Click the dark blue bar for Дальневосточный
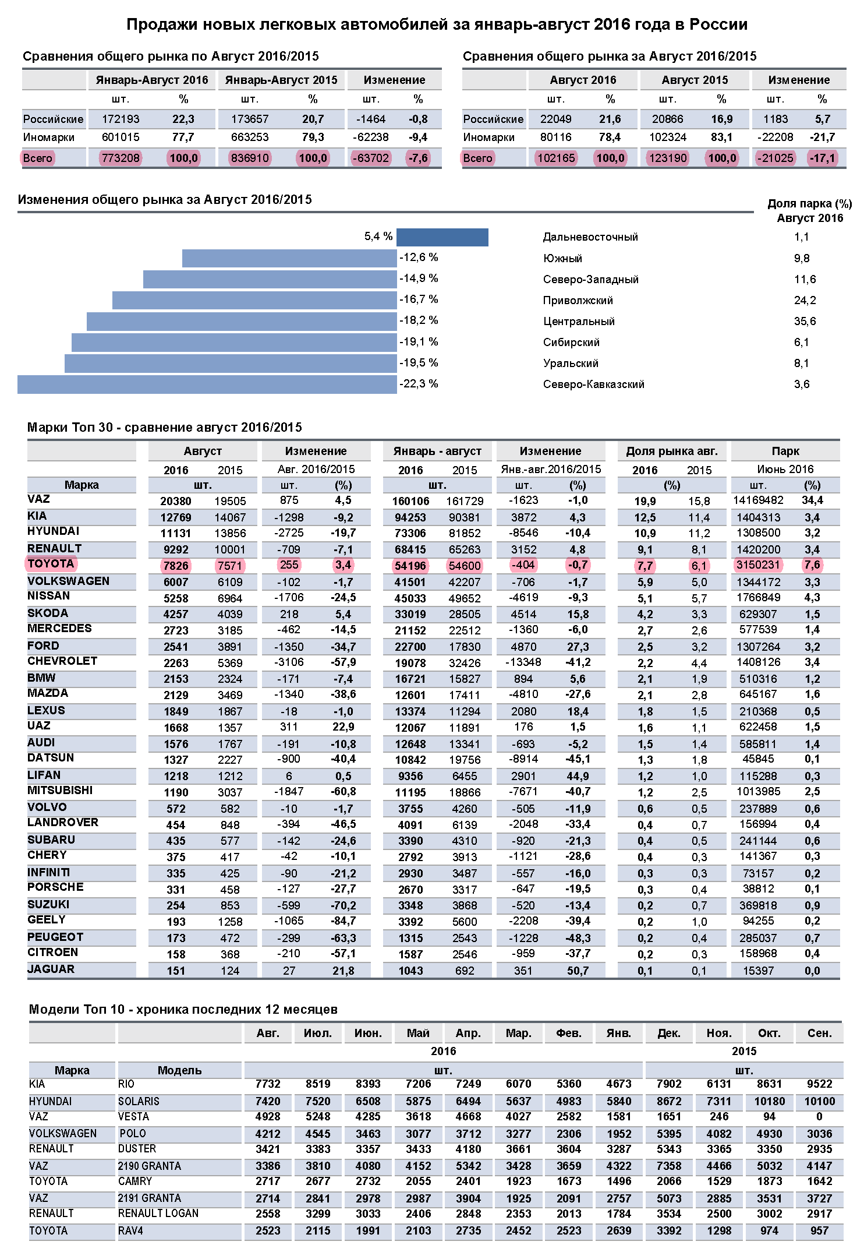(442, 237)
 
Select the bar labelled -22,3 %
(207, 385)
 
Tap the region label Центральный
(579, 321)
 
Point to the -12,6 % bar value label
(419, 258)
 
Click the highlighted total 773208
(121, 158)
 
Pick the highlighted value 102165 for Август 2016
(556, 158)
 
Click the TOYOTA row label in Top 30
(51, 563)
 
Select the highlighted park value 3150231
(758, 565)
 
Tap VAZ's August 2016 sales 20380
(176, 501)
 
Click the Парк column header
(785, 451)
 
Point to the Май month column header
(418, 1033)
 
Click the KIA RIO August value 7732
(268, 1084)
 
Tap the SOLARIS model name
(139, 1101)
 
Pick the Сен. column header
(819, 1033)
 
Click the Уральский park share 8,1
(802, 363)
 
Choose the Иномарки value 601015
(121, 137)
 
